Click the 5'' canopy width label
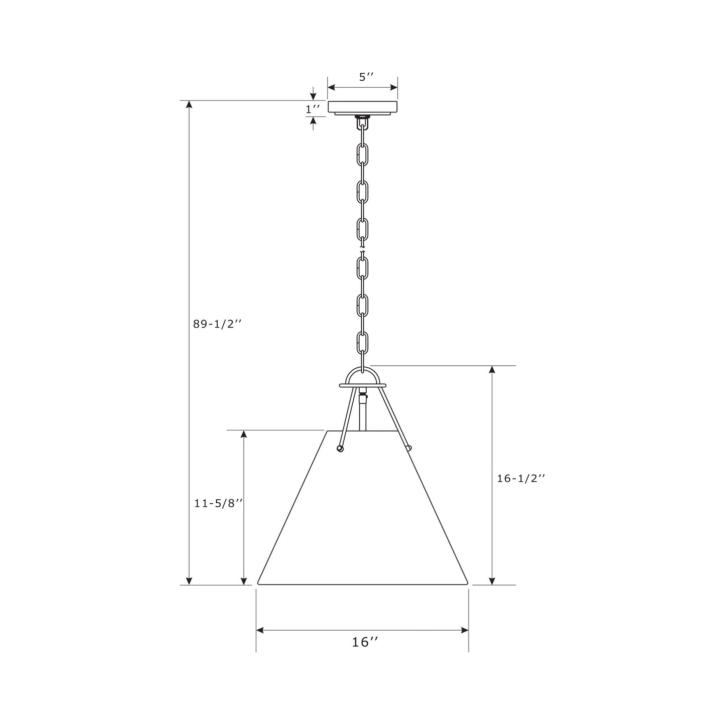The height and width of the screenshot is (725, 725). point(367,77)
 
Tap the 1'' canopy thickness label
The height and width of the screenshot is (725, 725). point(313,108)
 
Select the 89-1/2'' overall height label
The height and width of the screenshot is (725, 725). point(218,324)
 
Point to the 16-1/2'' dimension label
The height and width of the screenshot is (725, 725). point(521,479)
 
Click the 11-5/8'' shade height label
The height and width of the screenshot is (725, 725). point(219,503)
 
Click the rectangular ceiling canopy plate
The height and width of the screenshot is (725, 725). point(363,107)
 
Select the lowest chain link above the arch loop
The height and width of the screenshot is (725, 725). point(362,343)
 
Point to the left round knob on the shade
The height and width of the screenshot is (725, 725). point(340,449)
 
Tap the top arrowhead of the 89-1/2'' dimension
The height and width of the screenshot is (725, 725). point(189,104)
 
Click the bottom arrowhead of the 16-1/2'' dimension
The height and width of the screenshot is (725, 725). point(492,581)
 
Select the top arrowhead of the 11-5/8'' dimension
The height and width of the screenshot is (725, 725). point(244,434)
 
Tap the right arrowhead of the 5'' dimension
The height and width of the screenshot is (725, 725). point(394,87)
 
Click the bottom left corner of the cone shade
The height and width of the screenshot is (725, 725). point(258,583)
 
